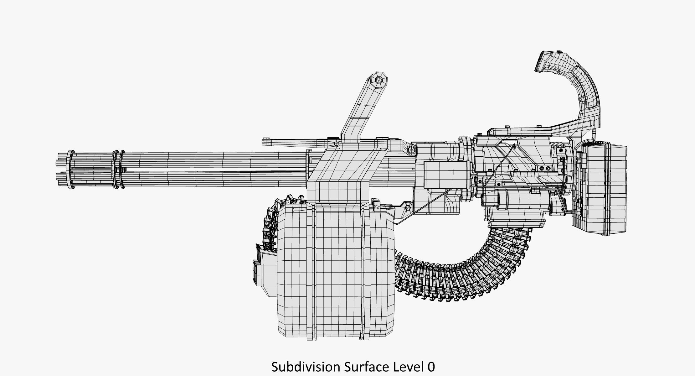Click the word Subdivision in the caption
306,367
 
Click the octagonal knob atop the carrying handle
379,80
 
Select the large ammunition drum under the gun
335,271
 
